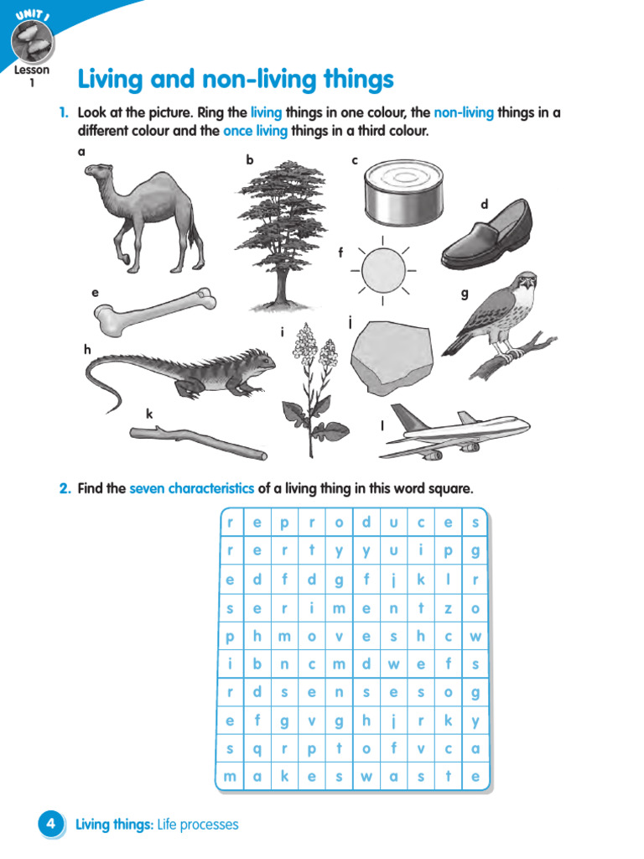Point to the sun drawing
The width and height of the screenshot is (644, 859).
[382, 268]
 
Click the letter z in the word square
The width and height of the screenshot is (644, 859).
[448, 608]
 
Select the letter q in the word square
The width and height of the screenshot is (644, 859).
[257, 749]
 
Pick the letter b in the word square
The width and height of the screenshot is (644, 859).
[257, 664]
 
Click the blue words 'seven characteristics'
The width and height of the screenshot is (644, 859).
[191, 488]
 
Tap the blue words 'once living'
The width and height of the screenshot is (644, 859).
[255, 131]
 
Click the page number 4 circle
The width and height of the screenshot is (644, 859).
[51, 825]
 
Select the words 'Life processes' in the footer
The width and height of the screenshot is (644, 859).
[198, 825]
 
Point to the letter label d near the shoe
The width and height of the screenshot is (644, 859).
[484, 204]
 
